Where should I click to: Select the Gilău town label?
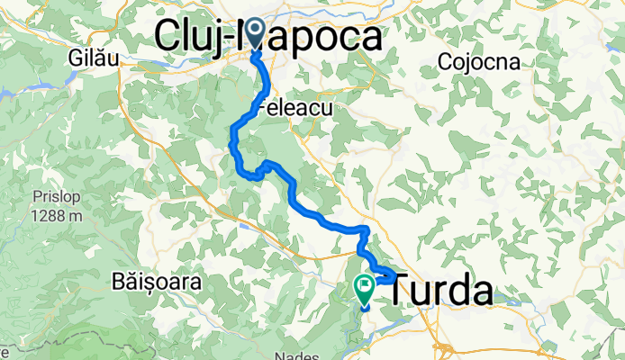click(90, 57)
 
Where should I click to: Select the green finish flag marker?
click(366, 288)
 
